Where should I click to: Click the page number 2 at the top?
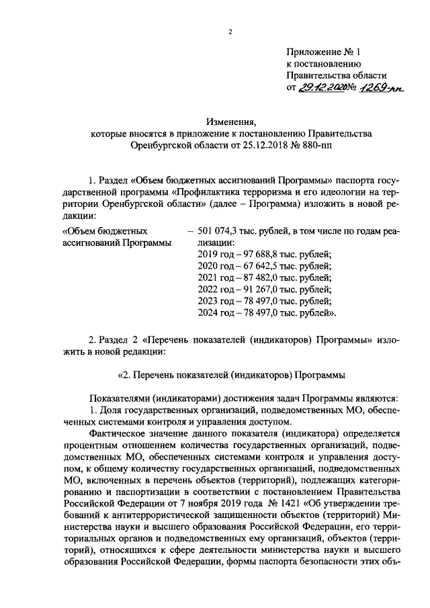[x=229, y=32]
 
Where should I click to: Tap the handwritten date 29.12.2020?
[x=320, y=87]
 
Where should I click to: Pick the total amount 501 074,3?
[x=222, y=232]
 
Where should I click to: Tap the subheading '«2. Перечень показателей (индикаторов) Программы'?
[x=232, y=374]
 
